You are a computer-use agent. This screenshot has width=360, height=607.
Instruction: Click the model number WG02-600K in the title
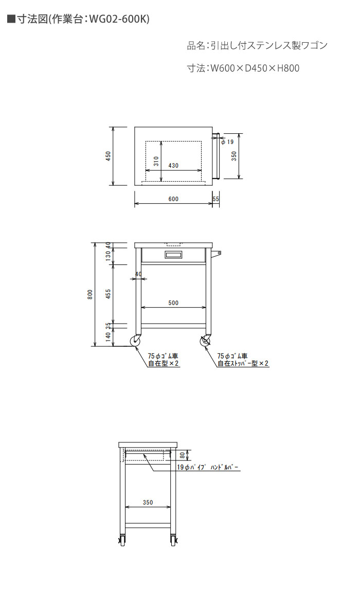pyautogui.click(x=118, y=19)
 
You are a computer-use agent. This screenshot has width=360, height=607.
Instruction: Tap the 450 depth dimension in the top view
pyautogui.click(x=109, y=156)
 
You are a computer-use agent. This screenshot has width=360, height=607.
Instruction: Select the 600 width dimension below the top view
pyautogui.click(x=173, y=199)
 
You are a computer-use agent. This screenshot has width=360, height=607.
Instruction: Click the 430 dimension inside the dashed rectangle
pyautogui.click(x=173, y=166)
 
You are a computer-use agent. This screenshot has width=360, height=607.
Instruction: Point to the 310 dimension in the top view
pyautogui.click(x=156, y=160)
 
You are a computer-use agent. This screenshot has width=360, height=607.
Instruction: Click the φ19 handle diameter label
pyautogui.click(x=228, y=142)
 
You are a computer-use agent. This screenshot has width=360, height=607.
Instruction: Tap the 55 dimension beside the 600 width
pyautogui.click(x=215, y=199)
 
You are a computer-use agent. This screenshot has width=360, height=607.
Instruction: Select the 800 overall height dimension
pyautogui.click(x=90, y=295)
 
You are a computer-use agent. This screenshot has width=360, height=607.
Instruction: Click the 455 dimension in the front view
pyautogui.click(x=109, y=294)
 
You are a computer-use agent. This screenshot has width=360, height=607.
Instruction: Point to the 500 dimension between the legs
pyautogui.click(x=173, y=302)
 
